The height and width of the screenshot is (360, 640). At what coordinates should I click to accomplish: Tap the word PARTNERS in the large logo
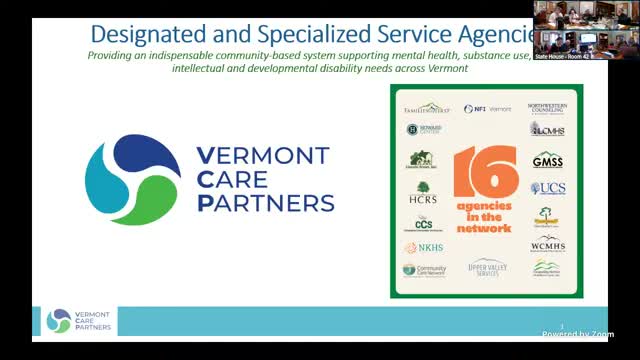click(x=266, y=204)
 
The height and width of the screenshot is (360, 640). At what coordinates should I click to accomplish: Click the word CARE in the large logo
click(x=241, y=180)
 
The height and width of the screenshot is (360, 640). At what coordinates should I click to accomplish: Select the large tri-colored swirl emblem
click(x=135, y=180)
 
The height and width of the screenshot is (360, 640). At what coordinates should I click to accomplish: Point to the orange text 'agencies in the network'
click(x=485, y=217)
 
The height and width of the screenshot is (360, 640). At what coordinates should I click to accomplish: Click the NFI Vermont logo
click(x=487, y=108)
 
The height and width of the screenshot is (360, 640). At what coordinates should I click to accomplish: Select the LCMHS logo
click(x=548, y=130)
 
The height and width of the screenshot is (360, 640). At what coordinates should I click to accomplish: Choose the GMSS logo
click(x=548, y=159)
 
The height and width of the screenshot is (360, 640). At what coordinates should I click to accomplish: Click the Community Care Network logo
click(x=425, y=270)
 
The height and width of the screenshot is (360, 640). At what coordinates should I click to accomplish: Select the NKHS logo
click(x=424, y=247)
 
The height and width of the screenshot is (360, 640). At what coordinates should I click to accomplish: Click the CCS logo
click(x=423, y=223)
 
